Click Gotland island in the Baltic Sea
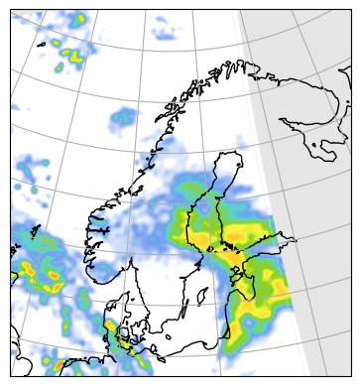(201, 295)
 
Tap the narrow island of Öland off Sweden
(185, 312)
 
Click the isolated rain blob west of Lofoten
(123, 117)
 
